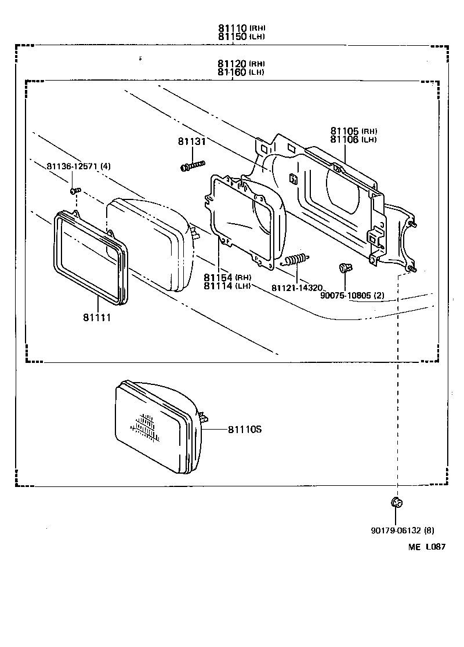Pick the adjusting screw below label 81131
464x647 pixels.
(193, 166)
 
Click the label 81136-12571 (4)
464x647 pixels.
(79, 166)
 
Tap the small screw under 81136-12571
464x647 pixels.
(75, 190)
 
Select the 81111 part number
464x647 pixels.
(97, 318)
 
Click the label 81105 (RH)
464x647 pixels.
(354, 131)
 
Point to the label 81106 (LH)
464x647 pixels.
(354, 139)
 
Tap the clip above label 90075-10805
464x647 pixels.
(345, 268)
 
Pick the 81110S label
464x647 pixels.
(245, 430)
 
